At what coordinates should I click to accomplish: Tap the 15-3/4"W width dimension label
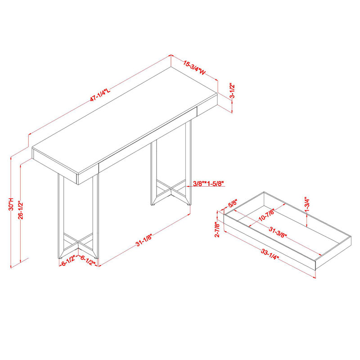point(194,67)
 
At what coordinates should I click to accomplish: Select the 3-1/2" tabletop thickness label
point(233,91)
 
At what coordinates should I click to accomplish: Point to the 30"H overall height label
point(11,204)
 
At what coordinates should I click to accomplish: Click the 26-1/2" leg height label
point(21,210)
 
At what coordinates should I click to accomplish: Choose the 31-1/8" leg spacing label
point(144,240)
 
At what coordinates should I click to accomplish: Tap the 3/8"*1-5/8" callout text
point(208,184)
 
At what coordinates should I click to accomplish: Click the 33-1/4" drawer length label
point(270,254)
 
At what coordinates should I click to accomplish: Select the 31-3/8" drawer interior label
point(278,232)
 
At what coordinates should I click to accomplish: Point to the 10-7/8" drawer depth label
point(266,215)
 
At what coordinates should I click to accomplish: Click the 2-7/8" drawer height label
point(217,229)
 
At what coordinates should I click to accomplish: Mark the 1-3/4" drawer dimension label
point(307,204)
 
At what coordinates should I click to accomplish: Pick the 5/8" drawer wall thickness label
point(232,203)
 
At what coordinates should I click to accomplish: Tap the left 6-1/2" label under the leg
point(68,261)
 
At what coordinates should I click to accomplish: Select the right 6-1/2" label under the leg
point(88,261)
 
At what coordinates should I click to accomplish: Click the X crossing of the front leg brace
point(78,242)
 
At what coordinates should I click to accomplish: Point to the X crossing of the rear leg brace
point(171,189)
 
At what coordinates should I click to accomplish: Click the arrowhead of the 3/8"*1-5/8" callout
point(188,187)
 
